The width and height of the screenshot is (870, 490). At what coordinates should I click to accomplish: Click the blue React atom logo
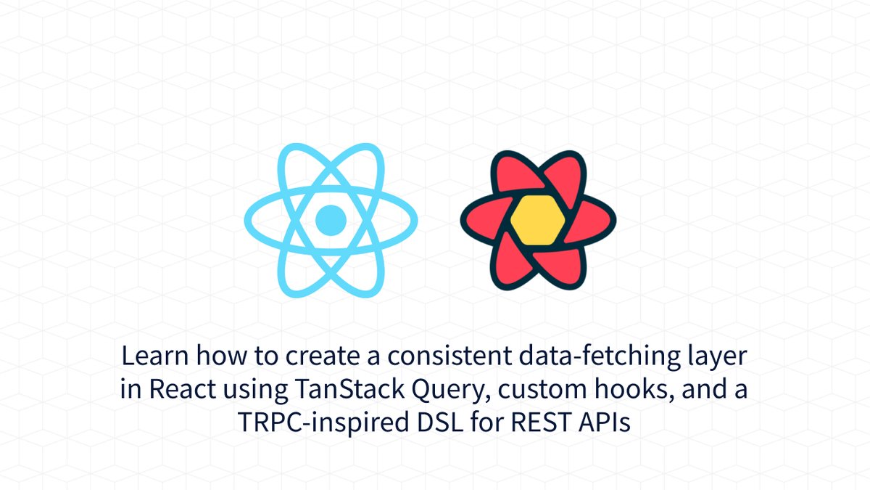[331, 219]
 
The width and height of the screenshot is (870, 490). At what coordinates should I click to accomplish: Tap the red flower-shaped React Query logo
[537, 220]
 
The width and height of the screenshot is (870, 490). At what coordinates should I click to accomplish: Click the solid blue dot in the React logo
[331, 219]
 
